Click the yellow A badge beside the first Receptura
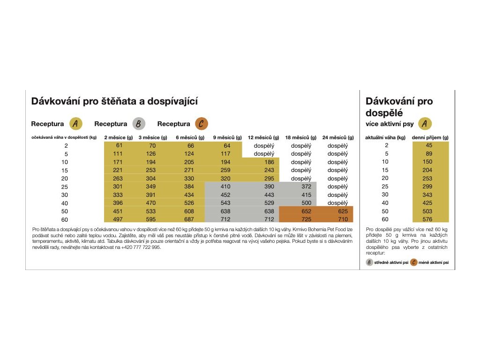click(x=76, y=124)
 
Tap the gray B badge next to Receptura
click(x=139, y=124)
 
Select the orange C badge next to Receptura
click(x=202, y=124)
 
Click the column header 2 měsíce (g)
click(x=118, y=137)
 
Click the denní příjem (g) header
click(x=430, y=137)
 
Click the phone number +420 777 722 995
click(x=140, y=247)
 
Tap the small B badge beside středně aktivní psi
click(x=369, y=262)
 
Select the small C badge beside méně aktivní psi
click(x=414, y=262)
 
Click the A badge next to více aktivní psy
click(x=424, y=124)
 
